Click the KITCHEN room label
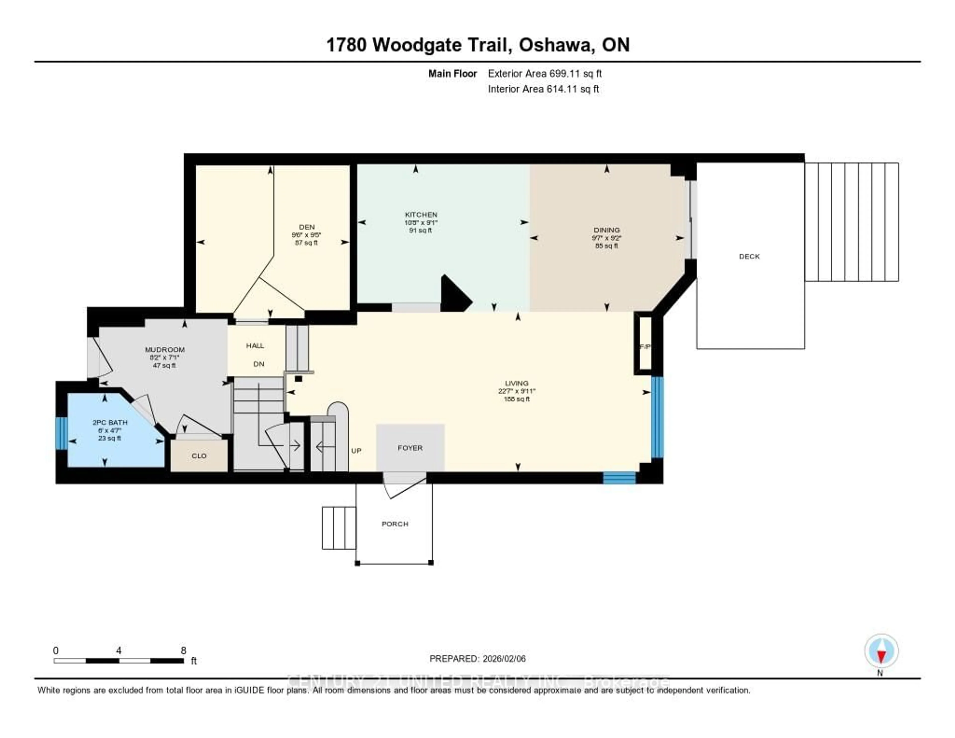(421, 214)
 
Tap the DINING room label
(607, 230)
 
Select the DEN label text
(307, 227)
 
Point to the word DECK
(749, 256)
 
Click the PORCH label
(395, 524)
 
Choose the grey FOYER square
(410, 448)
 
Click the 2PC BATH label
(110, 422)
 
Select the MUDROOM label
(165, 350)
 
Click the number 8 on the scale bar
(183, 650)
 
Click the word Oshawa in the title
(556, 45)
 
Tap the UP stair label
(356, 451)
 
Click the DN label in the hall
(259, 364)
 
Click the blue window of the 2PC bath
(62, 433)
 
